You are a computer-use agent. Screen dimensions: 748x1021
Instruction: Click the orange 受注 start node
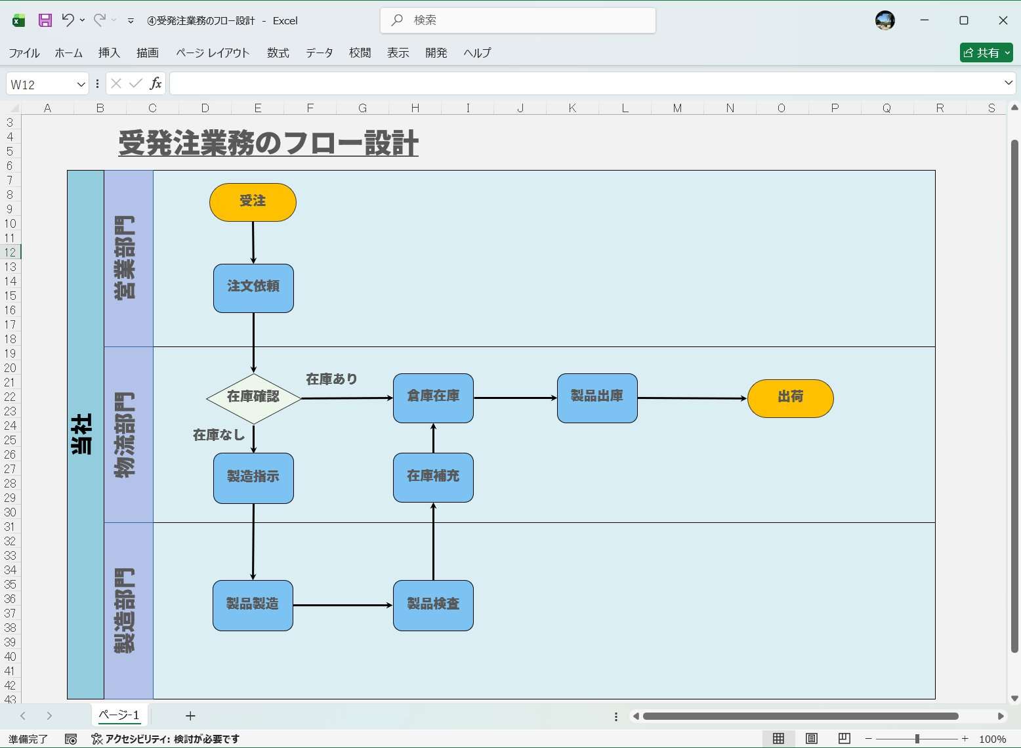(x=253, y=202)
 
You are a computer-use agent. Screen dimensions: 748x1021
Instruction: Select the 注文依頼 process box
(x=253, y=288)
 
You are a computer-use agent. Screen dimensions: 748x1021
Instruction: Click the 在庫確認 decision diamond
(x=253, y=398)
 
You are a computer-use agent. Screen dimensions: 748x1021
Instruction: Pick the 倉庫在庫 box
(x=433, y=398)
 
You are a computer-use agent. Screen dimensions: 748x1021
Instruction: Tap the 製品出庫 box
(x=597, y=398)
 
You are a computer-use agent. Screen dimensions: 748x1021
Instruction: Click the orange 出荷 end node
(x=790, y=398)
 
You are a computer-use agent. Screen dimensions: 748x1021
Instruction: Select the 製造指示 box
(x=253, y=478)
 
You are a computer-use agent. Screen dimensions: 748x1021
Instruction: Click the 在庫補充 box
(x=433, y=478)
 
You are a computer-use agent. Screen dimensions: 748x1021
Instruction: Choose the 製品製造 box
(x=253, y=605)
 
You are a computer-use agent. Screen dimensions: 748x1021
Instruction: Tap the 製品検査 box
(x=433, y=605)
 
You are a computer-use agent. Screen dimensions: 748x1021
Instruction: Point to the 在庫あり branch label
(x=331, y=379)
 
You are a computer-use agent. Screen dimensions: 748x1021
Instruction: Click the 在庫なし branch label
(x=219, y=435)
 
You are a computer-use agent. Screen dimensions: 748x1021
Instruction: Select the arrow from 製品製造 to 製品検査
(x=343, y=605)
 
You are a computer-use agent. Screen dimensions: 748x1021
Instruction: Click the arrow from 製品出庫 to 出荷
(x=692, y=398)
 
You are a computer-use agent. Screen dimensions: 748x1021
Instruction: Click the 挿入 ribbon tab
(x=109, y=53)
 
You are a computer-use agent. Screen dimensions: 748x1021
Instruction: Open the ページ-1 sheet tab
(x=119, y=715)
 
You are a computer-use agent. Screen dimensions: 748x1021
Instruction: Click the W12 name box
(x=39, y=85)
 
